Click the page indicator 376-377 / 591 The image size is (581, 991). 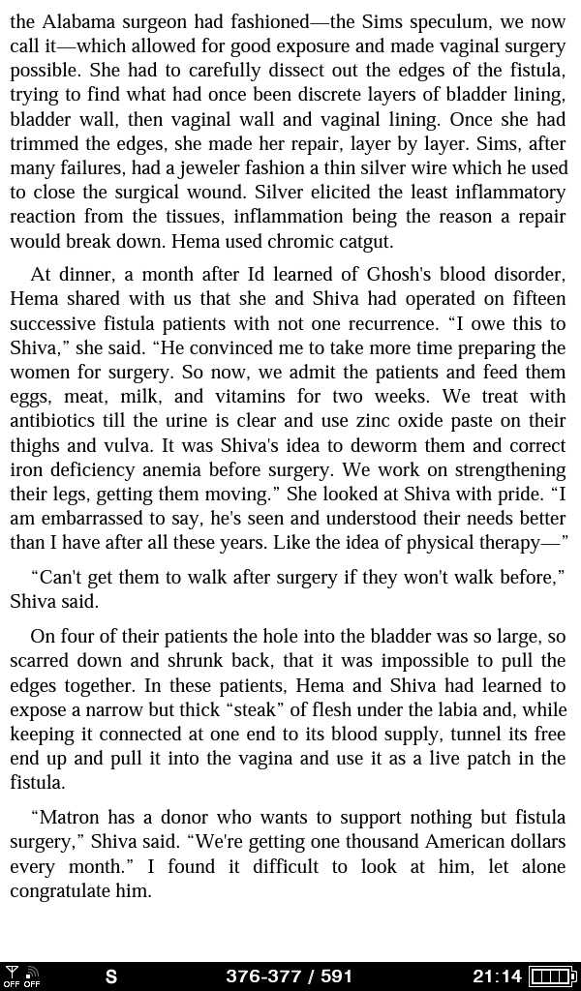289,976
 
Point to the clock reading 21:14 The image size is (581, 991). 497,976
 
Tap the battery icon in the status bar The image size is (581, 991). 553,976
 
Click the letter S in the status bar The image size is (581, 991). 111,976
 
